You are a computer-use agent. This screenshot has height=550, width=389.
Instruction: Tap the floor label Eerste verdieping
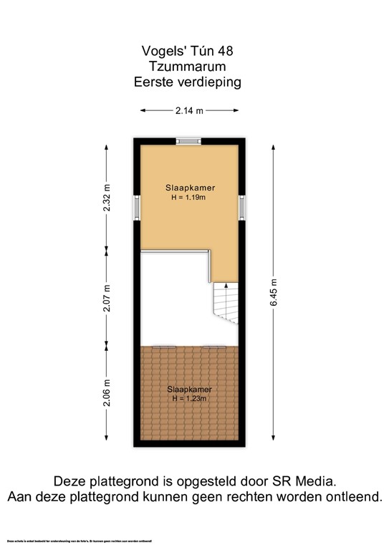click(x=188, y=82)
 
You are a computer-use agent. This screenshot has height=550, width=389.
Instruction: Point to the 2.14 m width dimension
click(x=189, y=110)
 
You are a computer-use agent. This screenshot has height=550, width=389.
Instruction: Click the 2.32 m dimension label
click(x=107, y=196)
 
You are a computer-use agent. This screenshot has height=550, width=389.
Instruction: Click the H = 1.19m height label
click(x=188, y=198)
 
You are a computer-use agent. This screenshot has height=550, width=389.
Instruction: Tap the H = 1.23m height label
click(x=187, y=398)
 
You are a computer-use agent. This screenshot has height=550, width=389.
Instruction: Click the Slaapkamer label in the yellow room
click(x=188, y=188)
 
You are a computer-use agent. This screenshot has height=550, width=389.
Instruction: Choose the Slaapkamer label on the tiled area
click(x=187, y=389)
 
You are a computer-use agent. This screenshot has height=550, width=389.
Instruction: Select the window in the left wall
click(x=135, y=208)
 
